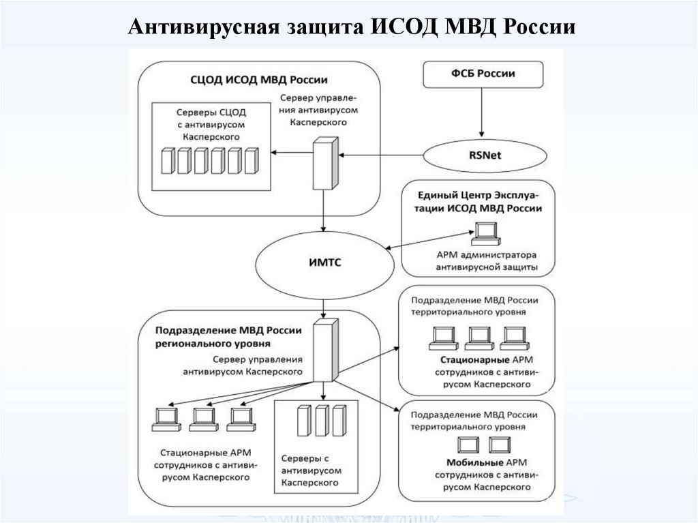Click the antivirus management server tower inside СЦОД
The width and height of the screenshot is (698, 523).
tap(324, 162)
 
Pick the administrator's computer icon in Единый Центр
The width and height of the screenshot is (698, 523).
tap(486, 234)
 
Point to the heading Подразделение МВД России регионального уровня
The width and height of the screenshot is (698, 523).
tap(228, 337)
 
